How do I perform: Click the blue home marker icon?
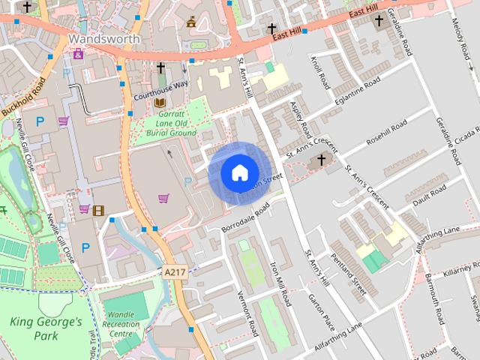239,173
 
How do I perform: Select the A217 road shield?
174,272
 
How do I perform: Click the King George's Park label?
46,328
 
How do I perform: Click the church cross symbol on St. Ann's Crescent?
322,160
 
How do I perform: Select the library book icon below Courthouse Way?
159,103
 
